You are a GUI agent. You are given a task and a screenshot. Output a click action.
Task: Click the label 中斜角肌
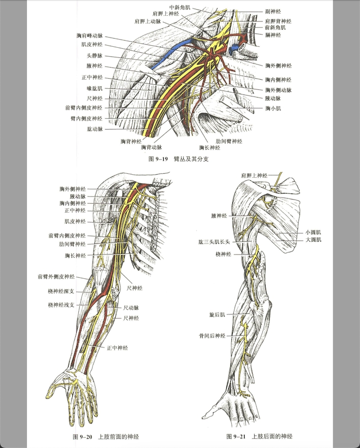[x=179, y=7]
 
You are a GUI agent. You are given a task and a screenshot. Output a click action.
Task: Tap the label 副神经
[x=273, y=11]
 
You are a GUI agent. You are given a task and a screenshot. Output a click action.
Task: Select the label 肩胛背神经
[x=278, y=21]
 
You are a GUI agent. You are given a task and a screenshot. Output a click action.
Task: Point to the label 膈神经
[x=273, y=35]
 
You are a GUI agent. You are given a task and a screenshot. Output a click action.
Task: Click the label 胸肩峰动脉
[x=89, y=36]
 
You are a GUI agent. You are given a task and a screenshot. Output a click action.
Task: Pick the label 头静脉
[x=95, y=56]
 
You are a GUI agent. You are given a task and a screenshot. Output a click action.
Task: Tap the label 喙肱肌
[x=95, y=88]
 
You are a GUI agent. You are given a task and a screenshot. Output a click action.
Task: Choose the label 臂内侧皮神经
[x=86, y=118]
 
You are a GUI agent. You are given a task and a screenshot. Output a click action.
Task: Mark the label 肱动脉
[x=95, y=129]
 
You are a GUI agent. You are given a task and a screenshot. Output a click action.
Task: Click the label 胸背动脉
[x=152, y=147]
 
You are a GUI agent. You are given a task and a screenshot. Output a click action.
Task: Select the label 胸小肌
[x=273, y=108]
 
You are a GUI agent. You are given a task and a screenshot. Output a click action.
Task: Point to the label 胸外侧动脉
[x=278, y=90]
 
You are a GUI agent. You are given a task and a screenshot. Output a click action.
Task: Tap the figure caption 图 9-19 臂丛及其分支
[x=178, y=159]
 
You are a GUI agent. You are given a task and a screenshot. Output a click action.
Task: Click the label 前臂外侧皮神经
[x=56, y=276]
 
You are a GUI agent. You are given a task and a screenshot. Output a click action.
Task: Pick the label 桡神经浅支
[x=61, y=305]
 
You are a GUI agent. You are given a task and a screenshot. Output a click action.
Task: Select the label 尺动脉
[x=131, y=308]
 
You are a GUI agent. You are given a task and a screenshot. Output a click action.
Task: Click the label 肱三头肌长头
[x=214, y=242]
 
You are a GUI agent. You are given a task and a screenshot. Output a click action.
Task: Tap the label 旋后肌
[x=217, y=314]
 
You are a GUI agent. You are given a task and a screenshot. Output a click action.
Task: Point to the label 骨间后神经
[x=213, y=336]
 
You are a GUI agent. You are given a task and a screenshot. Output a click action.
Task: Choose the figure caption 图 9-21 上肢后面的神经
[x=259, y=436]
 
